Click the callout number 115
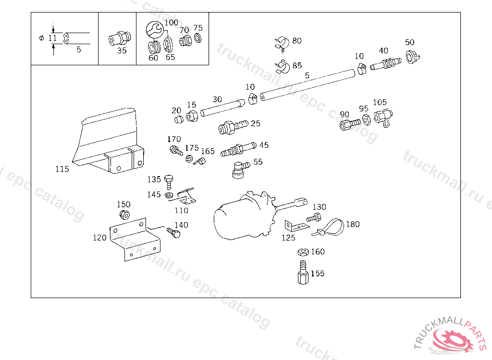coord(62,169)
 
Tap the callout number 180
coord(353,224)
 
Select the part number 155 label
coord(318,274)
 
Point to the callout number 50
coord(409,42)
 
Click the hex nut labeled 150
coord(124,215)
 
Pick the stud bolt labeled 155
coord(303,272)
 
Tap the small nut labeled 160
coord(303,252)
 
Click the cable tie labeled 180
coord(328,228)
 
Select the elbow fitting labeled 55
coord(241,169)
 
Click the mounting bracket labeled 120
coord(135,239)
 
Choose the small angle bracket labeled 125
coord(296,226)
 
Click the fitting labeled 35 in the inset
coord(120,39)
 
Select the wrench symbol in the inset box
coord(154,29)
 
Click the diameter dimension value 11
coord(52,38)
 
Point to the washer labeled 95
coord(366,120)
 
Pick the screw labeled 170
coord(176,150)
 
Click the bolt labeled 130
coord(314,217)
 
